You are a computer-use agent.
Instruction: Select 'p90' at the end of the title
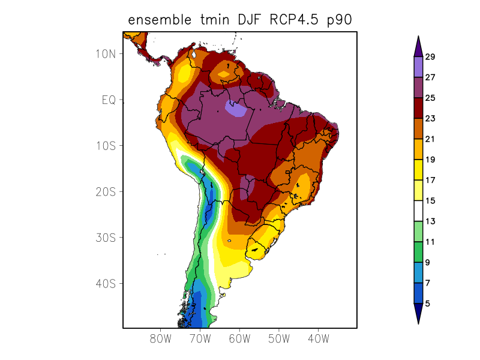click(338, 20)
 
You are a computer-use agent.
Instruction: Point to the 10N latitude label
click(105, 53)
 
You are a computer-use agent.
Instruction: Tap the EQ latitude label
click(108, 100)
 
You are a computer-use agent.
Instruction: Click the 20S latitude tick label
click(105, 191)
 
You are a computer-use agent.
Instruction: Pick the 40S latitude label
click(105, 283)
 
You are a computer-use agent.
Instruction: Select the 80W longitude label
click(161, 338)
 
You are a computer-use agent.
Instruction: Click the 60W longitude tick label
click(239, 338)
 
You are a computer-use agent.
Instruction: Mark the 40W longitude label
click(318, 338)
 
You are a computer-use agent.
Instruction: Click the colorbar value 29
click(430, 57)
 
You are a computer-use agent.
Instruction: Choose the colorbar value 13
click(430, 221)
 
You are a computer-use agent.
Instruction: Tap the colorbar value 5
click(427, 304)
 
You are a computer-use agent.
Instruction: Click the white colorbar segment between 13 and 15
click(418, 211)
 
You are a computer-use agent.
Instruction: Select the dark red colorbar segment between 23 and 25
click(418, 109)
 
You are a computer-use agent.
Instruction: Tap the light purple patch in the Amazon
click(236, 109)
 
